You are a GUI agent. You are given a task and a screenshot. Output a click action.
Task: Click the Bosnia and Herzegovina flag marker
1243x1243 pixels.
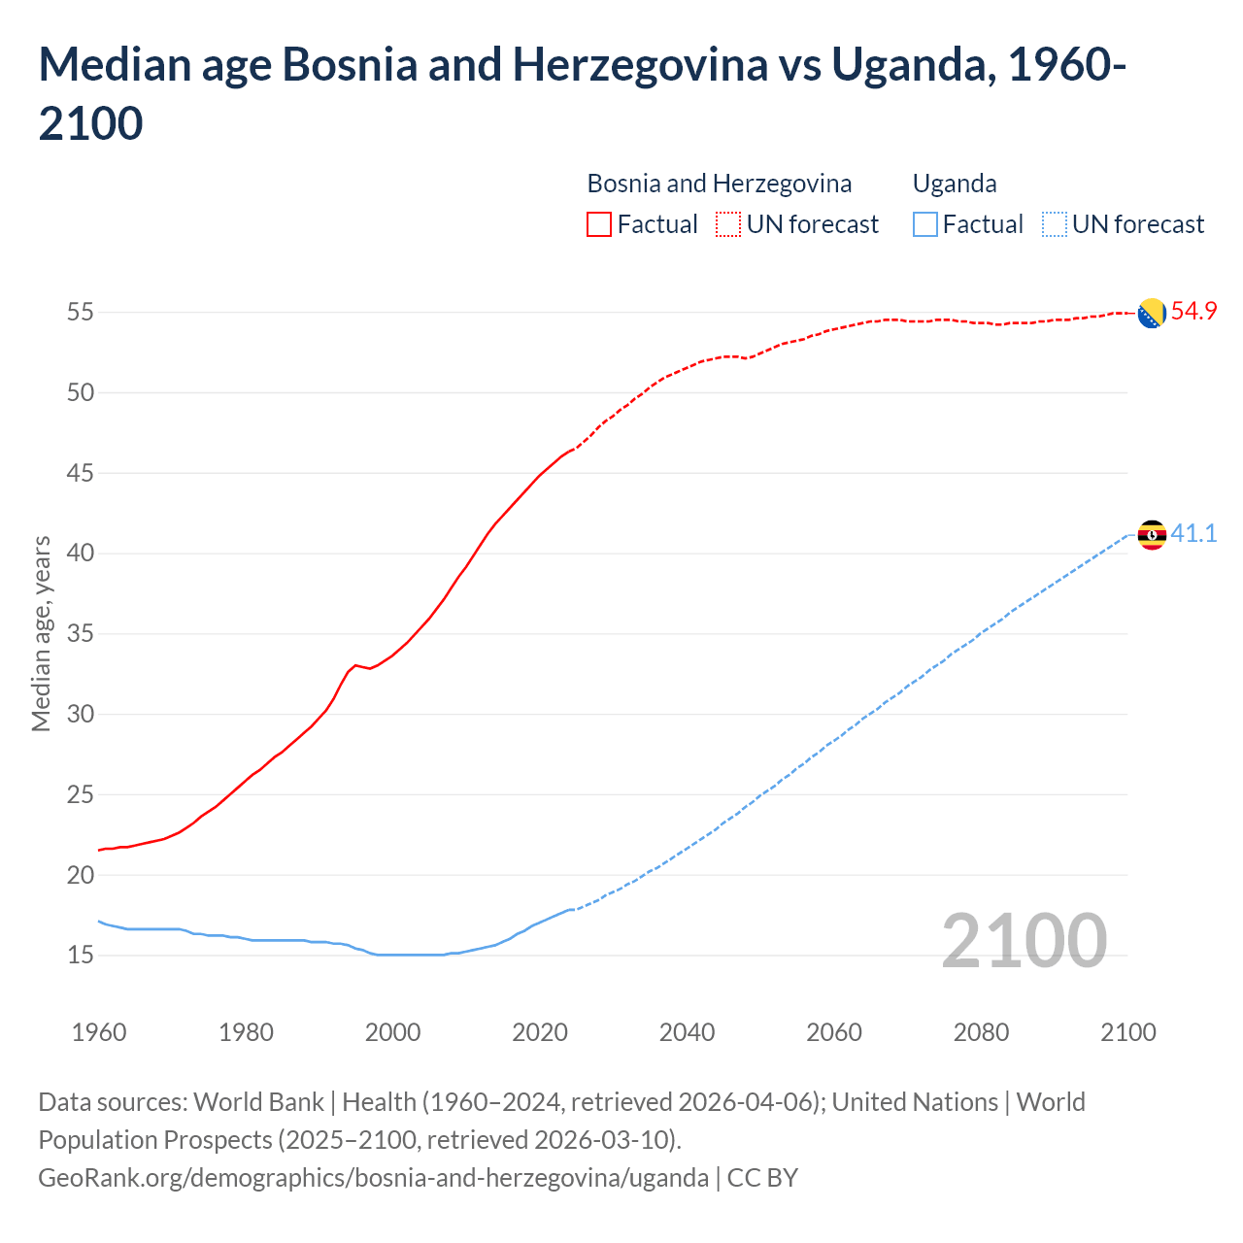[x=1152, y=314]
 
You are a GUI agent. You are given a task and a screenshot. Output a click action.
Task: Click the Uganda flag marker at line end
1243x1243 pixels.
[x=1152, y=535]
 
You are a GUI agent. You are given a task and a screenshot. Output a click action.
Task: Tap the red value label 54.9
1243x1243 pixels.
[x=1193, y=312]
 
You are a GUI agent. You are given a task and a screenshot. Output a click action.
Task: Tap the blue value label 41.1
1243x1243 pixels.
[x=1193, y=533]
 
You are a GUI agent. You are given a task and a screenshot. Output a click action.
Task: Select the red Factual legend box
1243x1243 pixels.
[x=599, y=224]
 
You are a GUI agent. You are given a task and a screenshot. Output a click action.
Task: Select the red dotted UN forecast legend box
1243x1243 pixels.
[x=728, y=224]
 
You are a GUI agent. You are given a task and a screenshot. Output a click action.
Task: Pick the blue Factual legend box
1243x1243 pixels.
[x=925, y=224]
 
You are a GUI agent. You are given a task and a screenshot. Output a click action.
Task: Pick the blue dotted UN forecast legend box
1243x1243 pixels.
[x=1054, y=224]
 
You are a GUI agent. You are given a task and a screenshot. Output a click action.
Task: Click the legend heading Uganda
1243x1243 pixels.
[x=955, y=184]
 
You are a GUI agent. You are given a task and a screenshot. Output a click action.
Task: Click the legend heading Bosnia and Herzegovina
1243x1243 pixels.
[x=719, y=184]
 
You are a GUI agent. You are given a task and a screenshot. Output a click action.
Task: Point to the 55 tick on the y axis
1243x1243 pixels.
[x=80, y=313]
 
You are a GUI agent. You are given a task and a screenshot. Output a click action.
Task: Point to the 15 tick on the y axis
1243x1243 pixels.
[x=80, y=956]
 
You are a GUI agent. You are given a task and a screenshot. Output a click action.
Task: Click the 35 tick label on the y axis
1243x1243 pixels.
[x=80, y=634]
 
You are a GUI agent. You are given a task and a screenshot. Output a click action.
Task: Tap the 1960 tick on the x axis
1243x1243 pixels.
[x=99, y=1032]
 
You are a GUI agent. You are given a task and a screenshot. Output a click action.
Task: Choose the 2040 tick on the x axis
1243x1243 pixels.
[x=687, y=1032]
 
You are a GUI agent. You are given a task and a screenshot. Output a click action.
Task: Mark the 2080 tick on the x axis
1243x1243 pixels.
[x=981, y=1032]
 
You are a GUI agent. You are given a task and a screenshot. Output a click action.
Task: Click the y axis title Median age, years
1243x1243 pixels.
[x=41, y=633]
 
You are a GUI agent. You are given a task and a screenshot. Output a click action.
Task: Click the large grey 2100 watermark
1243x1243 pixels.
[x=1024, y=941]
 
